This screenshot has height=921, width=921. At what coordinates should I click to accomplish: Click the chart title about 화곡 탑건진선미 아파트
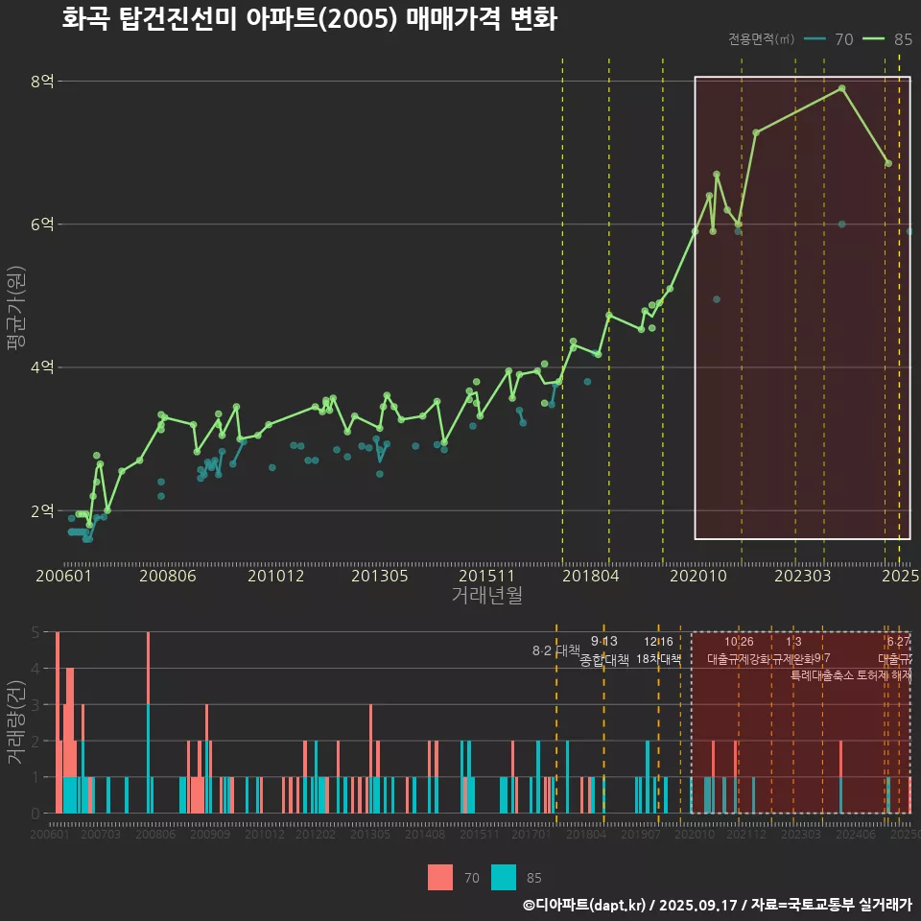point(309,19)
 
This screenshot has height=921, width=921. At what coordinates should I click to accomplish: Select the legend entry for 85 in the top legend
point(887,39)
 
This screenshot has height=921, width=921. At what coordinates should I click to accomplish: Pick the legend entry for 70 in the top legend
point(830,39)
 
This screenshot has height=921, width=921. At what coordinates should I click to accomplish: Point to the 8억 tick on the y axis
point(42,82)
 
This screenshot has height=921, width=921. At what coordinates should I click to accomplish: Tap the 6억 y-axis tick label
point(42,224)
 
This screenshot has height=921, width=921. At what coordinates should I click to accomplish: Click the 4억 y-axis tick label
point(42,367)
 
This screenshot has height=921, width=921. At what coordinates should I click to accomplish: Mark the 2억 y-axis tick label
point(42,510)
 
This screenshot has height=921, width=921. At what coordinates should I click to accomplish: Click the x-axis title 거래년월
point(486,596)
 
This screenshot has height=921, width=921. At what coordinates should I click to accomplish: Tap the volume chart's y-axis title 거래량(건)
point(15,721)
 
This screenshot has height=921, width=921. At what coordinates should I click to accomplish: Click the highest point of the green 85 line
point(841,88)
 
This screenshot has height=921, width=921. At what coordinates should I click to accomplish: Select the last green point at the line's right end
point(888,163)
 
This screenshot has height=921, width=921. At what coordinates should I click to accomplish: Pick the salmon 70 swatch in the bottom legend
point(439,877)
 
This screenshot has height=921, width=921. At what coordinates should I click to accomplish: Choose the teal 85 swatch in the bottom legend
point(503,877)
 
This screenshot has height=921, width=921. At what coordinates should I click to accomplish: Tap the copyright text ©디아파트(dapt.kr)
point(586,905)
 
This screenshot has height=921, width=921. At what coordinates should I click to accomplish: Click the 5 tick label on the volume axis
point(35,632)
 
